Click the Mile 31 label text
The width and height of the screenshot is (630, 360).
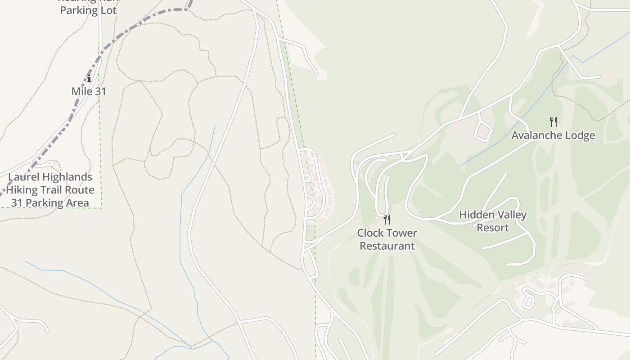point(89,91)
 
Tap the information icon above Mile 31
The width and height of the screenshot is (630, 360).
point(89,79)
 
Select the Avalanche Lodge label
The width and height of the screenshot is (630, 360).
point(553,135)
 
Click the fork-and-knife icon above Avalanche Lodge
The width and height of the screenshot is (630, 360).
point(553,121)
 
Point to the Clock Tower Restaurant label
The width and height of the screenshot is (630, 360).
point(387,239)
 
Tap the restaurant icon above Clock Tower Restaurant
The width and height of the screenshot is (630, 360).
point(387,220)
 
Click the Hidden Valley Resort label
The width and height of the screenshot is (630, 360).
point(493,221)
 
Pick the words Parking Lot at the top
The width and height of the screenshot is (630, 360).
point(88,10)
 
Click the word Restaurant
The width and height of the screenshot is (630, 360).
point(387,246)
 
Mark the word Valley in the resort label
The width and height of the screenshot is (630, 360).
point(511,215)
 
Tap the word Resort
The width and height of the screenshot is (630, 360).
point(493,228)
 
